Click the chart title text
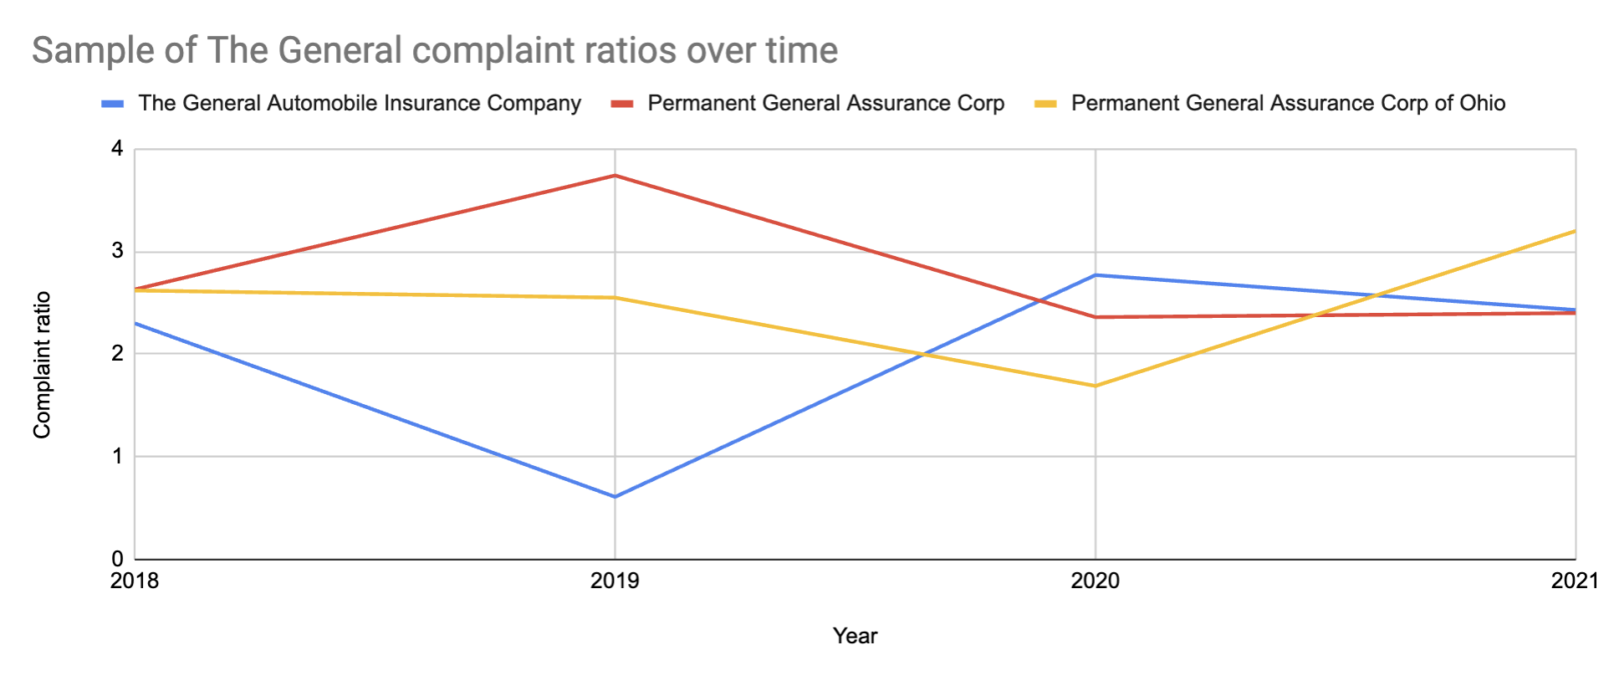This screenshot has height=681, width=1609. pos(434,50)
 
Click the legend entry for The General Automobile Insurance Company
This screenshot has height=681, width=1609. pos(359,103)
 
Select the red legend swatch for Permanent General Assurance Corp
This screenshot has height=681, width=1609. pos(622,104)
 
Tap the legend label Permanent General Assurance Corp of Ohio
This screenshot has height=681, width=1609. pos(1287,103)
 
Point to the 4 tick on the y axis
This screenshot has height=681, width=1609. pos(116,149)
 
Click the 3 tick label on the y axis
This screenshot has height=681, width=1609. pos(116,251)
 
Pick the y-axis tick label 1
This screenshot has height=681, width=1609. pos(116,456)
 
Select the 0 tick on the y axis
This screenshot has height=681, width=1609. pos(116,558)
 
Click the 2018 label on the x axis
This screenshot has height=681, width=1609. pos(135,581)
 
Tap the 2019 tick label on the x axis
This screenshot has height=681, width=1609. pos(615,581)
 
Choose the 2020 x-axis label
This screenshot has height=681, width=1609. pos(1095,581)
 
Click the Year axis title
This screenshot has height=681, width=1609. pos(855,636)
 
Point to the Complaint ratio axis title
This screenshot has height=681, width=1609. pos(42,365)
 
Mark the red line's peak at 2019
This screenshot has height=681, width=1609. pos(615,176)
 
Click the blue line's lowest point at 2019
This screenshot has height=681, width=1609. pos(615,497)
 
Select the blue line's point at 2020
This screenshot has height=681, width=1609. pos(1096,275)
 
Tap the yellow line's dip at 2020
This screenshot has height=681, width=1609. pos(1096,386)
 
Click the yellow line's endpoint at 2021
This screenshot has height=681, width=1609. pos(1575,231)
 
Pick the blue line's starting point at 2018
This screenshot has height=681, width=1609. pos(135,323)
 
